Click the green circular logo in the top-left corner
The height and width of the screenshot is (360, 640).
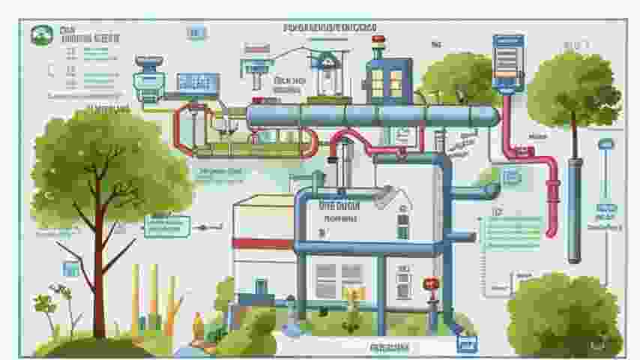point(38,34)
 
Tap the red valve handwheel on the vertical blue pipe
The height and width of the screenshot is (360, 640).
point(430,284)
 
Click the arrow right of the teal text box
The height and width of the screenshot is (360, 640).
point(203,226)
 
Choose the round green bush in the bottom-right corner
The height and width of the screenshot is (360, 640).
point(563,315)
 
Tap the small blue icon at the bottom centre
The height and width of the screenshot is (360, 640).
point(467,344)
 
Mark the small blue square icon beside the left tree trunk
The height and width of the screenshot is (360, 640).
point(71,268)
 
